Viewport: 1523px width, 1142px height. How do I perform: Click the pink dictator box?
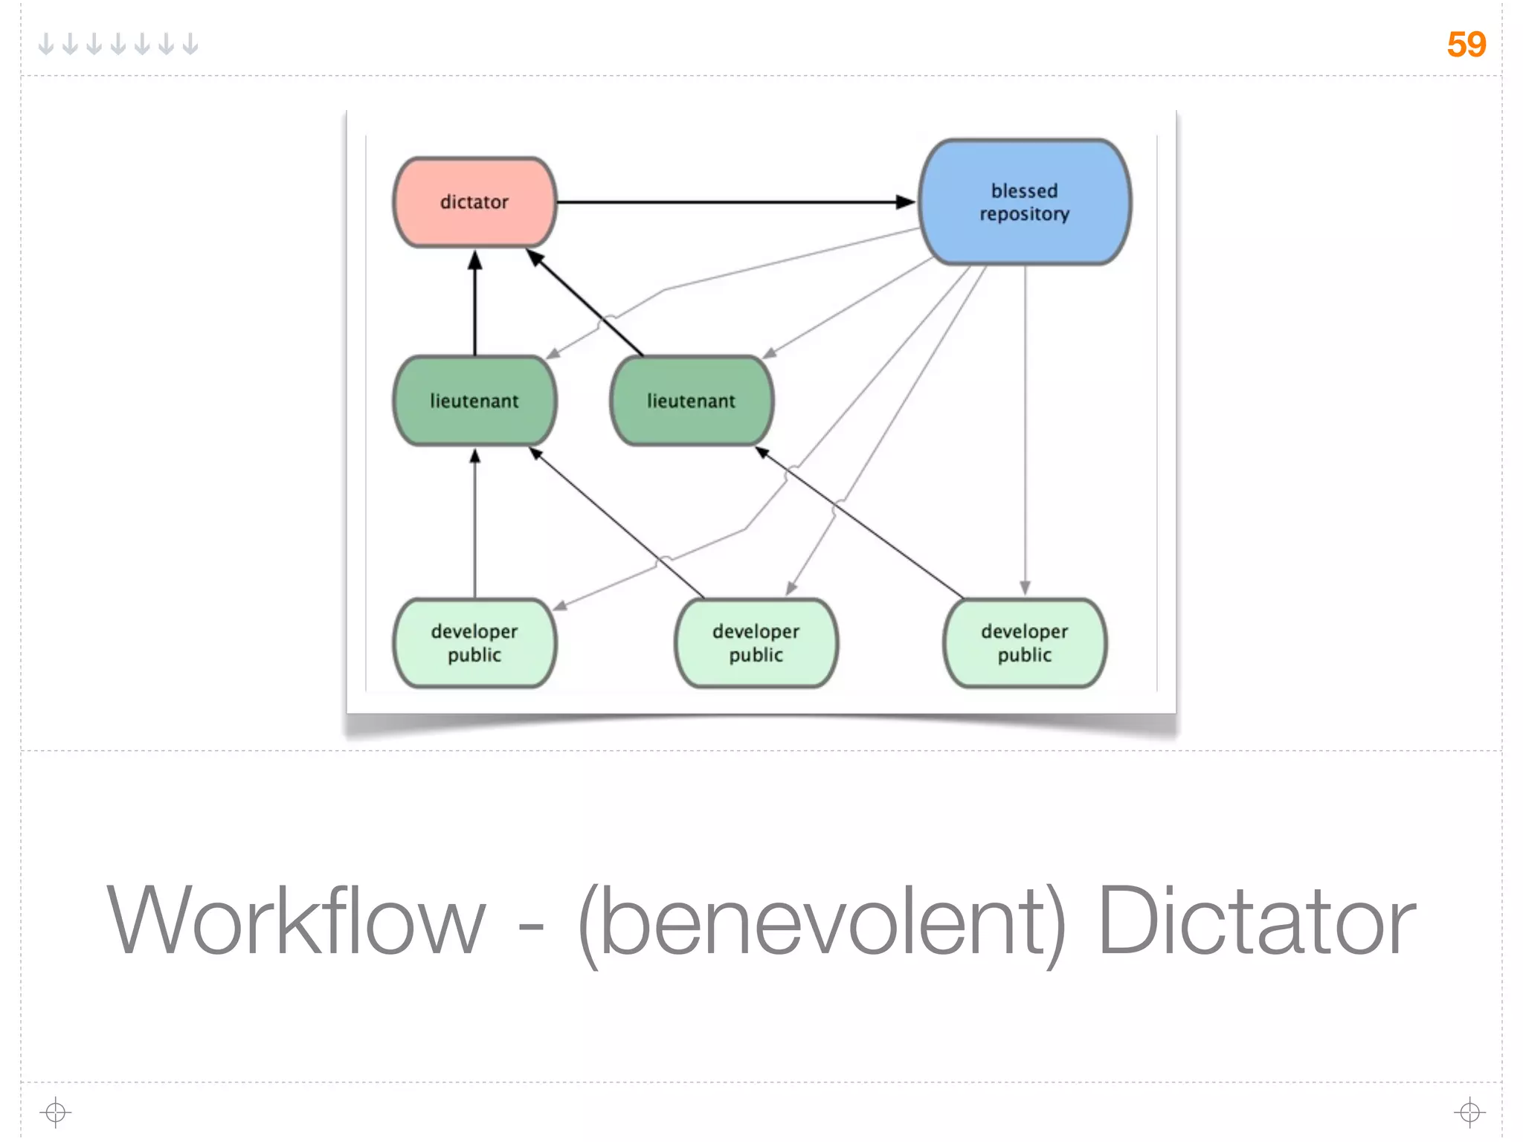coord(474,201)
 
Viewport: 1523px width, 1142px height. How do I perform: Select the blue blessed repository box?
coord(1024,201)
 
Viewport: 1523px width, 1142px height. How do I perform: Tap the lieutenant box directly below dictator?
coord(474,401)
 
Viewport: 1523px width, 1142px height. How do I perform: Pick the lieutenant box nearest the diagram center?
coord(691,401)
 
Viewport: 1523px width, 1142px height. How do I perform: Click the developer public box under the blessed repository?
coord(1024,643)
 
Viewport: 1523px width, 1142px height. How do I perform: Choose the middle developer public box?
coord(756,643)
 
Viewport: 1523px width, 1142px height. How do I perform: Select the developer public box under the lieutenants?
coord(474,643)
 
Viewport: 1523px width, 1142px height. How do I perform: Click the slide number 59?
coord(1466,45)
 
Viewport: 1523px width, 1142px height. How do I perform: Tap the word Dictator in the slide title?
coord(1256,921)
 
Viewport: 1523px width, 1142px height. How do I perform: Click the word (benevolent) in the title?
coord(822,921)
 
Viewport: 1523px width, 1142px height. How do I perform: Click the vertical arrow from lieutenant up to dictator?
coord(475,305)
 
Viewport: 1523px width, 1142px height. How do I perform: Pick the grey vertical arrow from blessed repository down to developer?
coord(1025,431)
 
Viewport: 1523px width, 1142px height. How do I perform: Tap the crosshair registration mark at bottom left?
coord(55,1112)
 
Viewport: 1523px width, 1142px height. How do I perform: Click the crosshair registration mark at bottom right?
coord(1469,1112)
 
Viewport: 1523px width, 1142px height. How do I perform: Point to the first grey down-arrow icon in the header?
coord(46,45)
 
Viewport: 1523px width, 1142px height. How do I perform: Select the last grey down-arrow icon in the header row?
coord(190,45)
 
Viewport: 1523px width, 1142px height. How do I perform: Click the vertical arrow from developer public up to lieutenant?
coord(475,524)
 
